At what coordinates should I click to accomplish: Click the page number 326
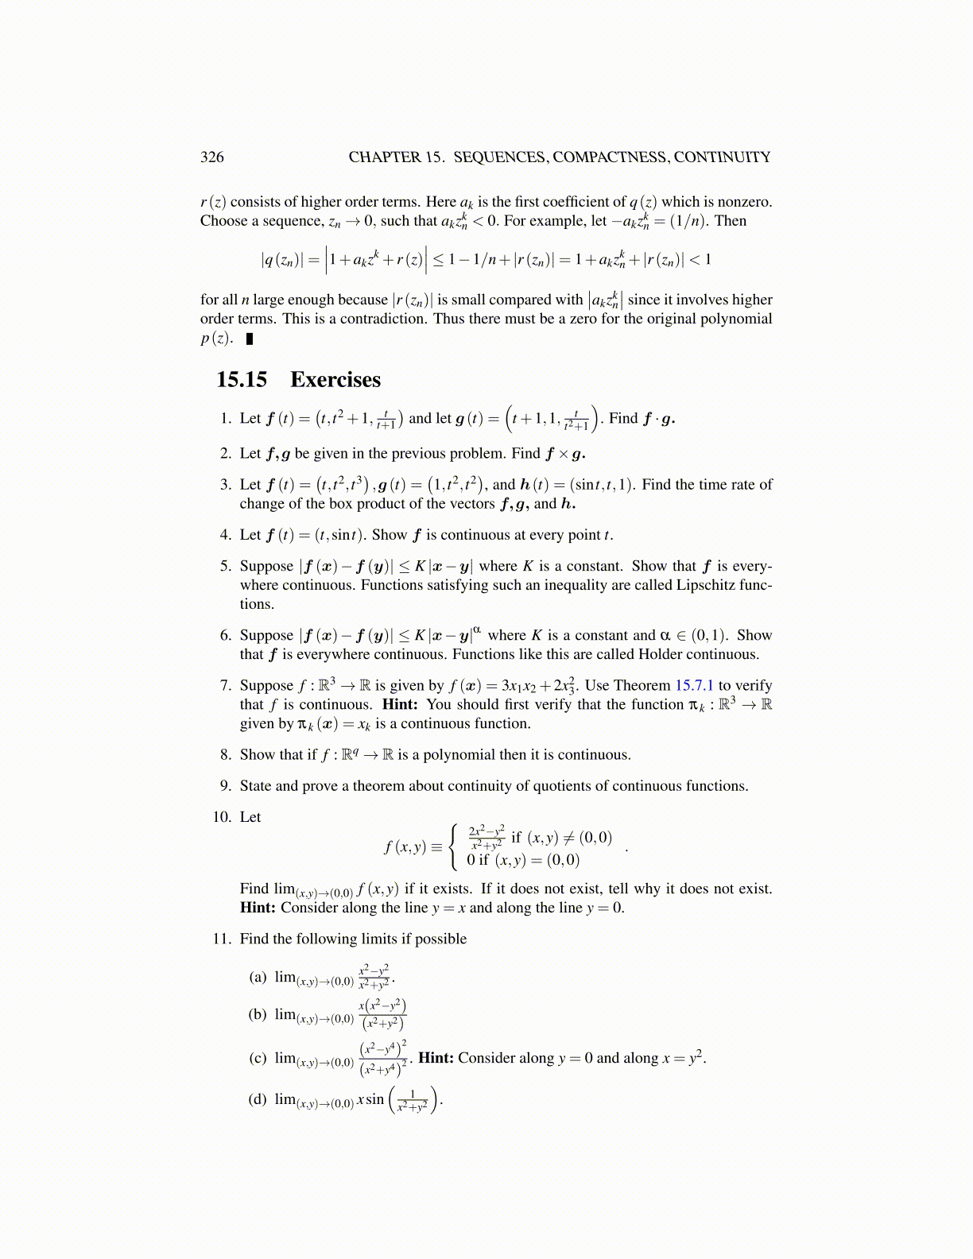coord(211,157)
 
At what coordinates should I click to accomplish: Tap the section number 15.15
coord(242,379)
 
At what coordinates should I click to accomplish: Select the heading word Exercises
coord(335,379)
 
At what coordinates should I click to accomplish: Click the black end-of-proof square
coord(250,339)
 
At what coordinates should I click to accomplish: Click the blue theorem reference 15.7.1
coord(694,685)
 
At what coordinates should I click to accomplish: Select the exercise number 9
coord(226,786)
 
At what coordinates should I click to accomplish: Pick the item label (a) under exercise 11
coord(258,977)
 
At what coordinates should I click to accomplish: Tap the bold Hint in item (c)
coord(436,1058)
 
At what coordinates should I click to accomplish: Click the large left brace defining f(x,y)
coord(453,847)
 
